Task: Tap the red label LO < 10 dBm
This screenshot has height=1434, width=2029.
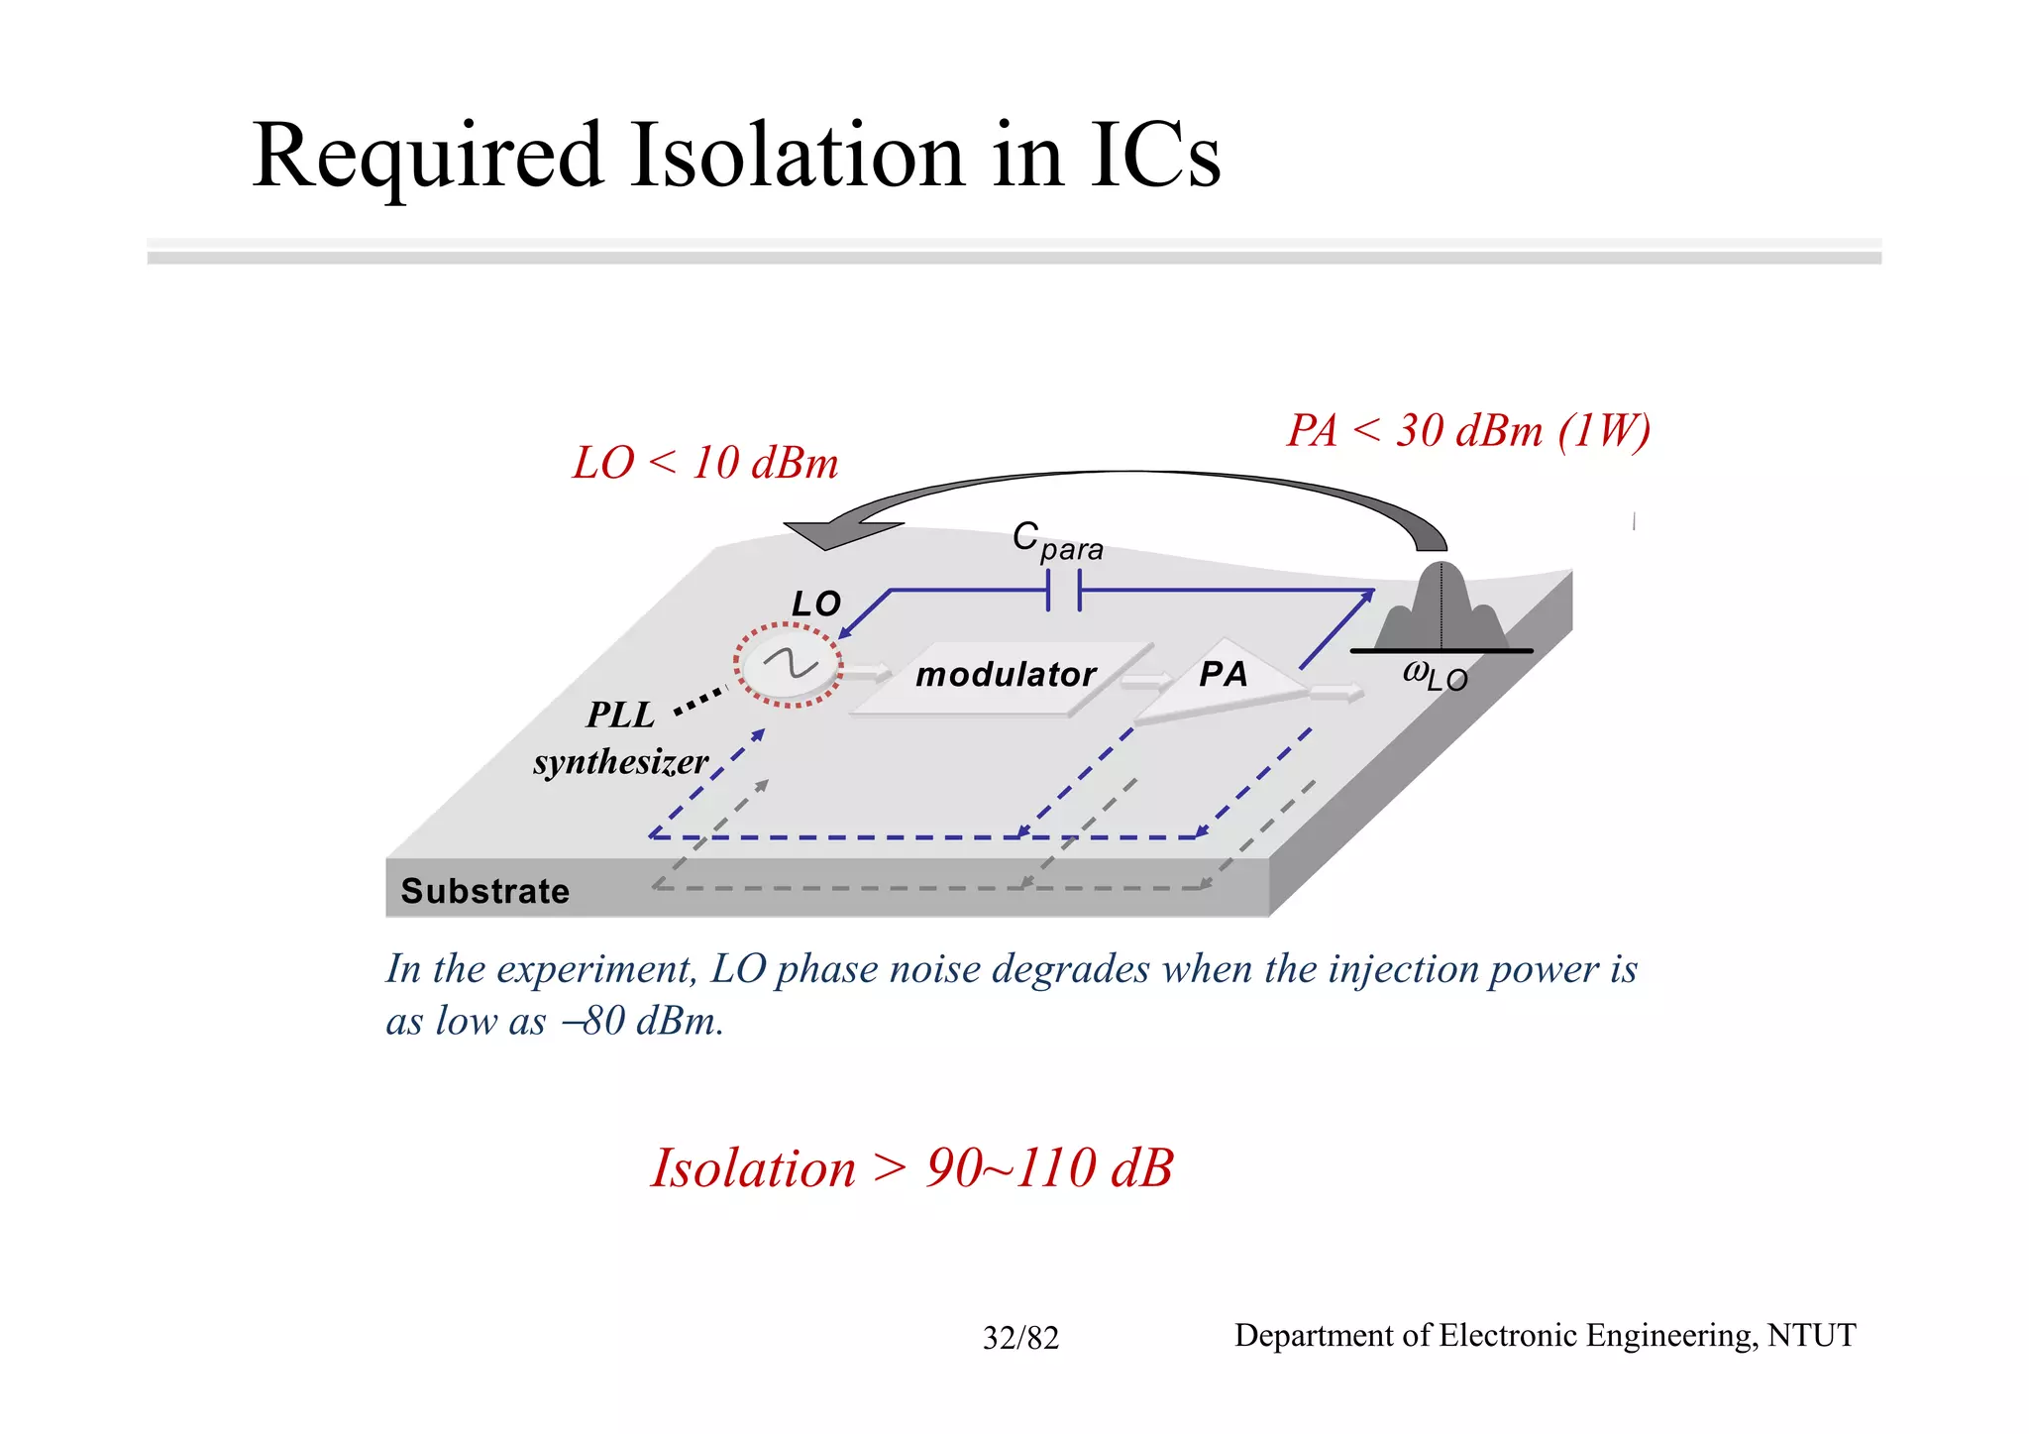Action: (x=705, y=464)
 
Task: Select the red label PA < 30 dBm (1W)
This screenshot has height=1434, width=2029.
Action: (x=1468, y=431)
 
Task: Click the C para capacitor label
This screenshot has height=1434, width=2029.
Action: (x=1056, y=542)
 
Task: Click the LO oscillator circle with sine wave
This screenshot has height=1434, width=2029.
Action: (x=789, y=665)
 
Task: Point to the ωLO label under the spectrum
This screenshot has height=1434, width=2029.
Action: (x=1435, y=676)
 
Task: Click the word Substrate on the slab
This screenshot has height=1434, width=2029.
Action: (x=484, y=891)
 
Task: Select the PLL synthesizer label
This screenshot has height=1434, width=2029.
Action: (x=621, y=738)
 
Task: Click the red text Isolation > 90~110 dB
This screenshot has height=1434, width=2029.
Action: (x=911, y=1168)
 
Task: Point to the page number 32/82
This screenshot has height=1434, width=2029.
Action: (x=1020, y=1339)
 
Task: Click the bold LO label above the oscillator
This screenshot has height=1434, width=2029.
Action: (x=815, y=604)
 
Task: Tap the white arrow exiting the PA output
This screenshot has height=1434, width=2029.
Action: (x=1336, y=693)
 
